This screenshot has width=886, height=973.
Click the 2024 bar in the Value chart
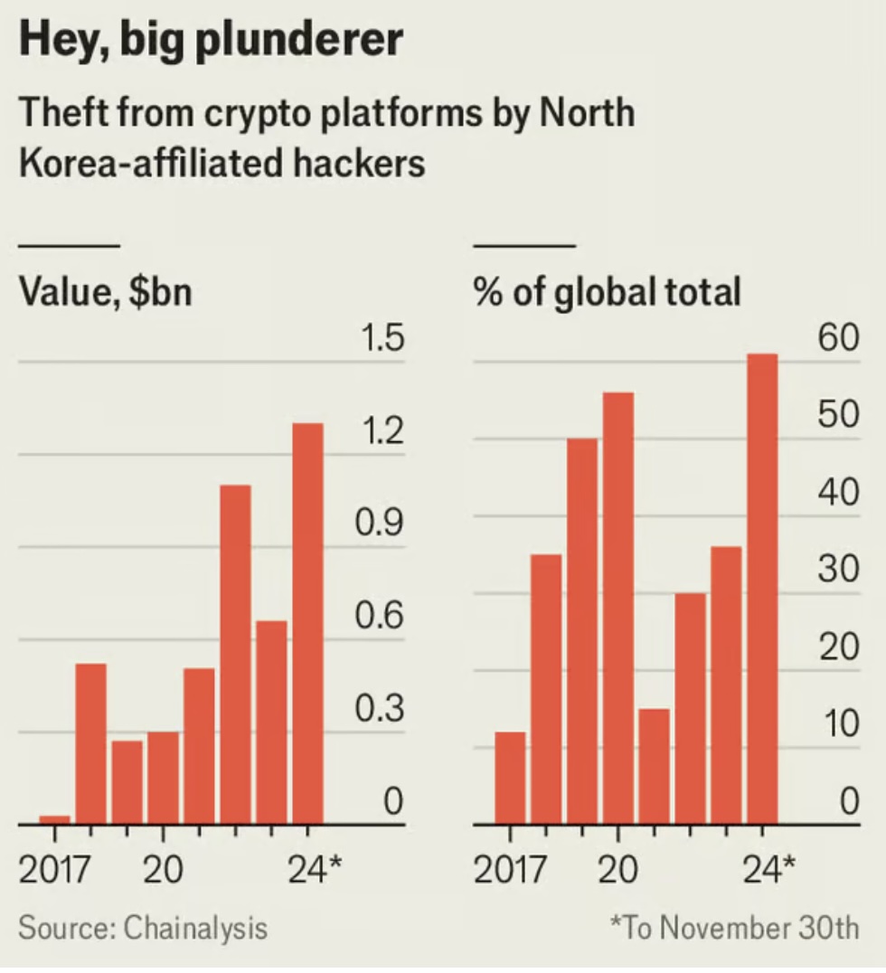click(x=307, y=624)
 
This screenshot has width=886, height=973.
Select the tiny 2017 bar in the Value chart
click(x=54, y=819)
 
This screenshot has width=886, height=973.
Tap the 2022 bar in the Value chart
click(x=235, y=655)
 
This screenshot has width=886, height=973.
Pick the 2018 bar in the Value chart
click(x=90, y=743)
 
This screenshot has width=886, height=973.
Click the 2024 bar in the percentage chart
click(x=762, y=589)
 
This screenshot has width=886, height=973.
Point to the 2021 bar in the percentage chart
click(x=654, y=766)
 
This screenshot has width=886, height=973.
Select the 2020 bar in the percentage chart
click(x=617, y=608)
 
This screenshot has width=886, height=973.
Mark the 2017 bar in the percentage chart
click(x=510, y=778)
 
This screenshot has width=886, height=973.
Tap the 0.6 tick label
click(x=379, y=618)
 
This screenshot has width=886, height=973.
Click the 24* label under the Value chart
click(x=316, y=870)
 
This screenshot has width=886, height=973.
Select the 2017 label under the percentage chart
click(x=510, y=870)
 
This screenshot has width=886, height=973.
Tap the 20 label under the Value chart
click(x=164, y=870)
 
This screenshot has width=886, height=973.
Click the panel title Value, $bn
click(x=106, y=292)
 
